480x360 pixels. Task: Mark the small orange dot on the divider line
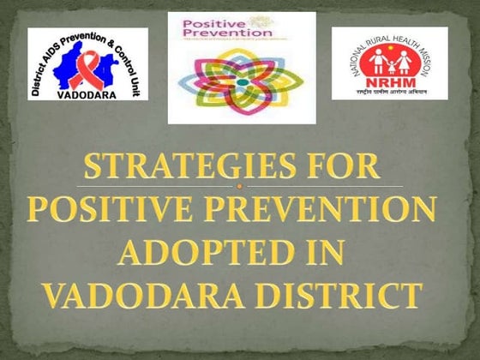(241, 185)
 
